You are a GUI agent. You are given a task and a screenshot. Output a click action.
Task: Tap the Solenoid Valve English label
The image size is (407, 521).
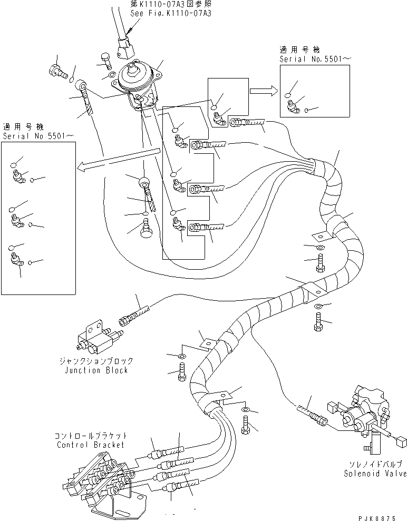pyautogui.click(x=375, y=474)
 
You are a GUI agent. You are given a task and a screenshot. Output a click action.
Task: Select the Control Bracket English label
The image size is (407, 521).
pyautogui.click(x=90, y=445)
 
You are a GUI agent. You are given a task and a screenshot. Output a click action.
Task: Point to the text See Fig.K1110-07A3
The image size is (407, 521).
pyautogui.click(x=171, y=13)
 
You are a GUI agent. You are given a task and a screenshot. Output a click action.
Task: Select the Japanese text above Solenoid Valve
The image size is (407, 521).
pyautogui.click(x=375, y=465)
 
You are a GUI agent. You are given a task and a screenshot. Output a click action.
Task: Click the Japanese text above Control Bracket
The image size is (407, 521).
pyautogui.click(x=90, y=437)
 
